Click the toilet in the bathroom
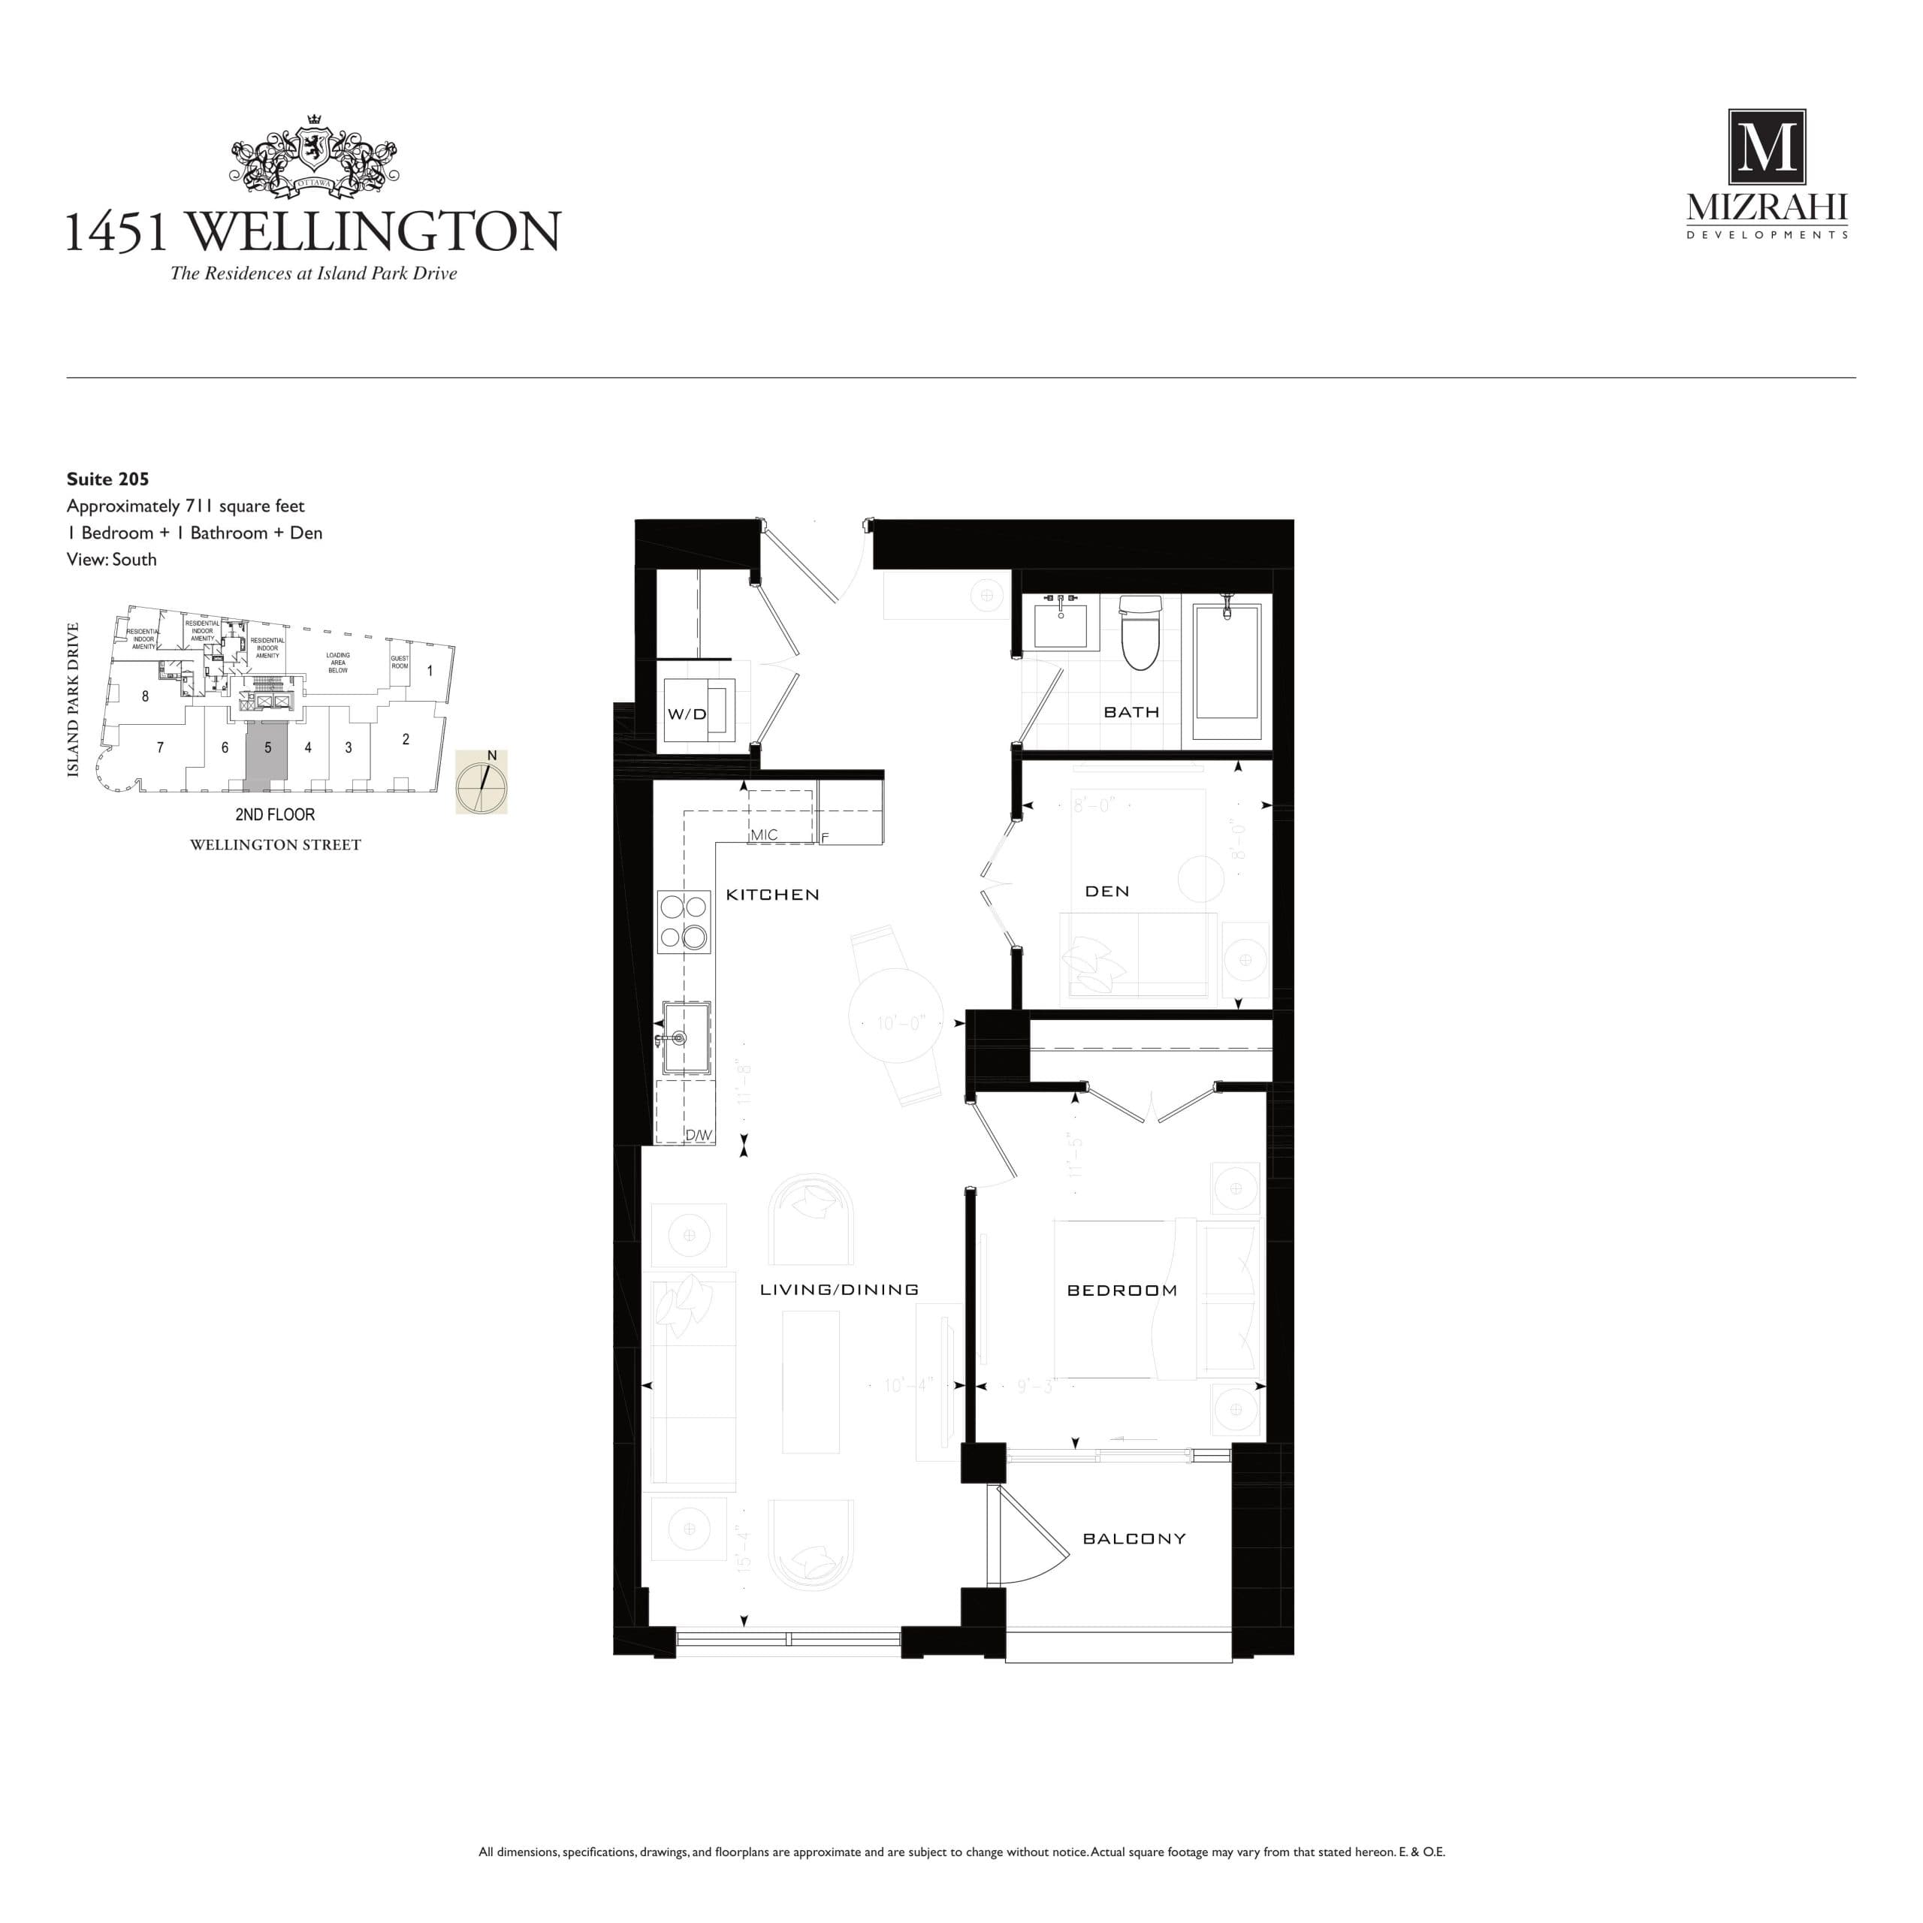pyautogui.click(x=1141, y=633)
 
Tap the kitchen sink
pyautogui.click(x=687, y=1038)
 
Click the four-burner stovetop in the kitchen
pyautogui.click(x=684, y=922)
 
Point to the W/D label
pyautogui.click(x=686, y=714)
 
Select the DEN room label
pyautogui.click(x=1106, y=891)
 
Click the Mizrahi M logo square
pyautogui.click(x=1766, y=147)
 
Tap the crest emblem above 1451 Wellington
pyautogui.click(x=315, y=157)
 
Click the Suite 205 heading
pyautogui.click(x=107, y=478)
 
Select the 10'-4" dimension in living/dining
pyautogui.click(x=907, y=1385)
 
